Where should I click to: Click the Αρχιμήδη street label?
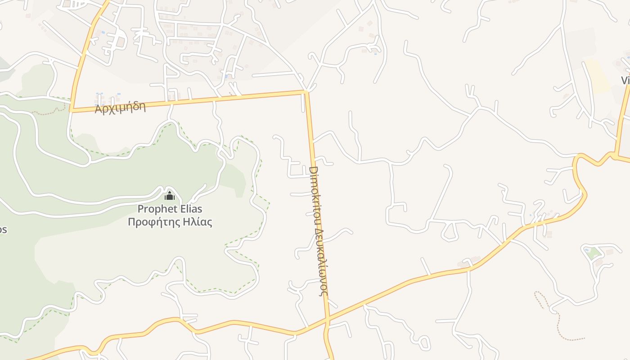coord(120,108)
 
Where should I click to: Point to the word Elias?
coord(189,209)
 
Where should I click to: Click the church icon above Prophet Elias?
coord(170,196)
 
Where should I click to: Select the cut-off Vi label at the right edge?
coord(625,81)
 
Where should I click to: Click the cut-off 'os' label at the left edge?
coord(3,229)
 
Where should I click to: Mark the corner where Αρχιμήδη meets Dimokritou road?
coord(306,92)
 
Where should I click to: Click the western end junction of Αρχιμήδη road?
coord(71,110)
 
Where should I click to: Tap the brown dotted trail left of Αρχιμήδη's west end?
coord(49,112)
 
